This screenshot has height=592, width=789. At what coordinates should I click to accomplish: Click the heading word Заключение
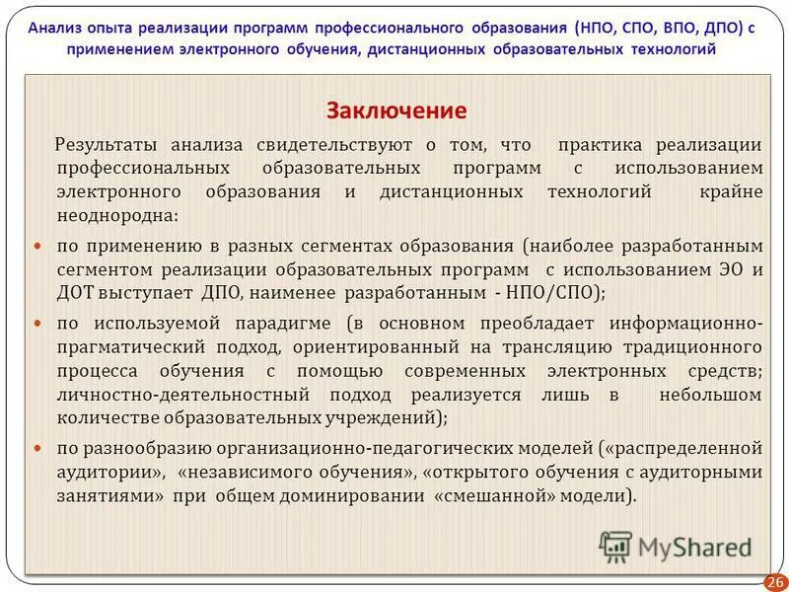(396, 110)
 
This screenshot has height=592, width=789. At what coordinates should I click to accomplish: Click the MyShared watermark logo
(676, 547)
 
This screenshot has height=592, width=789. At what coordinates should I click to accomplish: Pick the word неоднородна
(116, 215)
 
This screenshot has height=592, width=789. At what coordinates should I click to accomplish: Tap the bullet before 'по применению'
(39, 244)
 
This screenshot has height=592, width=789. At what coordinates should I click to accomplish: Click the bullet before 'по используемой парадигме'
(39, 323)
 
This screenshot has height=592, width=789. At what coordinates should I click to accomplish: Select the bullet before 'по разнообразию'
(39, 449)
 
